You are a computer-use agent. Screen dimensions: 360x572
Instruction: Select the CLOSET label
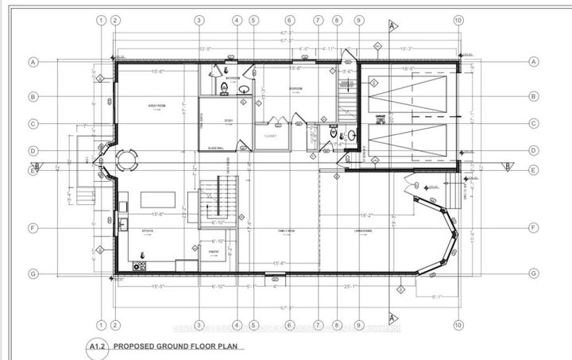pyautogui.click(x=271, y=136)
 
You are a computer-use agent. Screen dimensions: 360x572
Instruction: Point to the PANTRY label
pyautogui.click(x=214, y=251)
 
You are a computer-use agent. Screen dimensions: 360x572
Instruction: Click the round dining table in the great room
pyautogui.click(x=127, y=161)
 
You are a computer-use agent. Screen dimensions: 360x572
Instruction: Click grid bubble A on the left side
pyautogui.click(x=34, y=61)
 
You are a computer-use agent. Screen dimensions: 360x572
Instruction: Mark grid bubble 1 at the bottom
pyautogui.click(x=101, y=324)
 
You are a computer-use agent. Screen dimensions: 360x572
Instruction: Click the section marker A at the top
pyautogui.click(x=392, y=25)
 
